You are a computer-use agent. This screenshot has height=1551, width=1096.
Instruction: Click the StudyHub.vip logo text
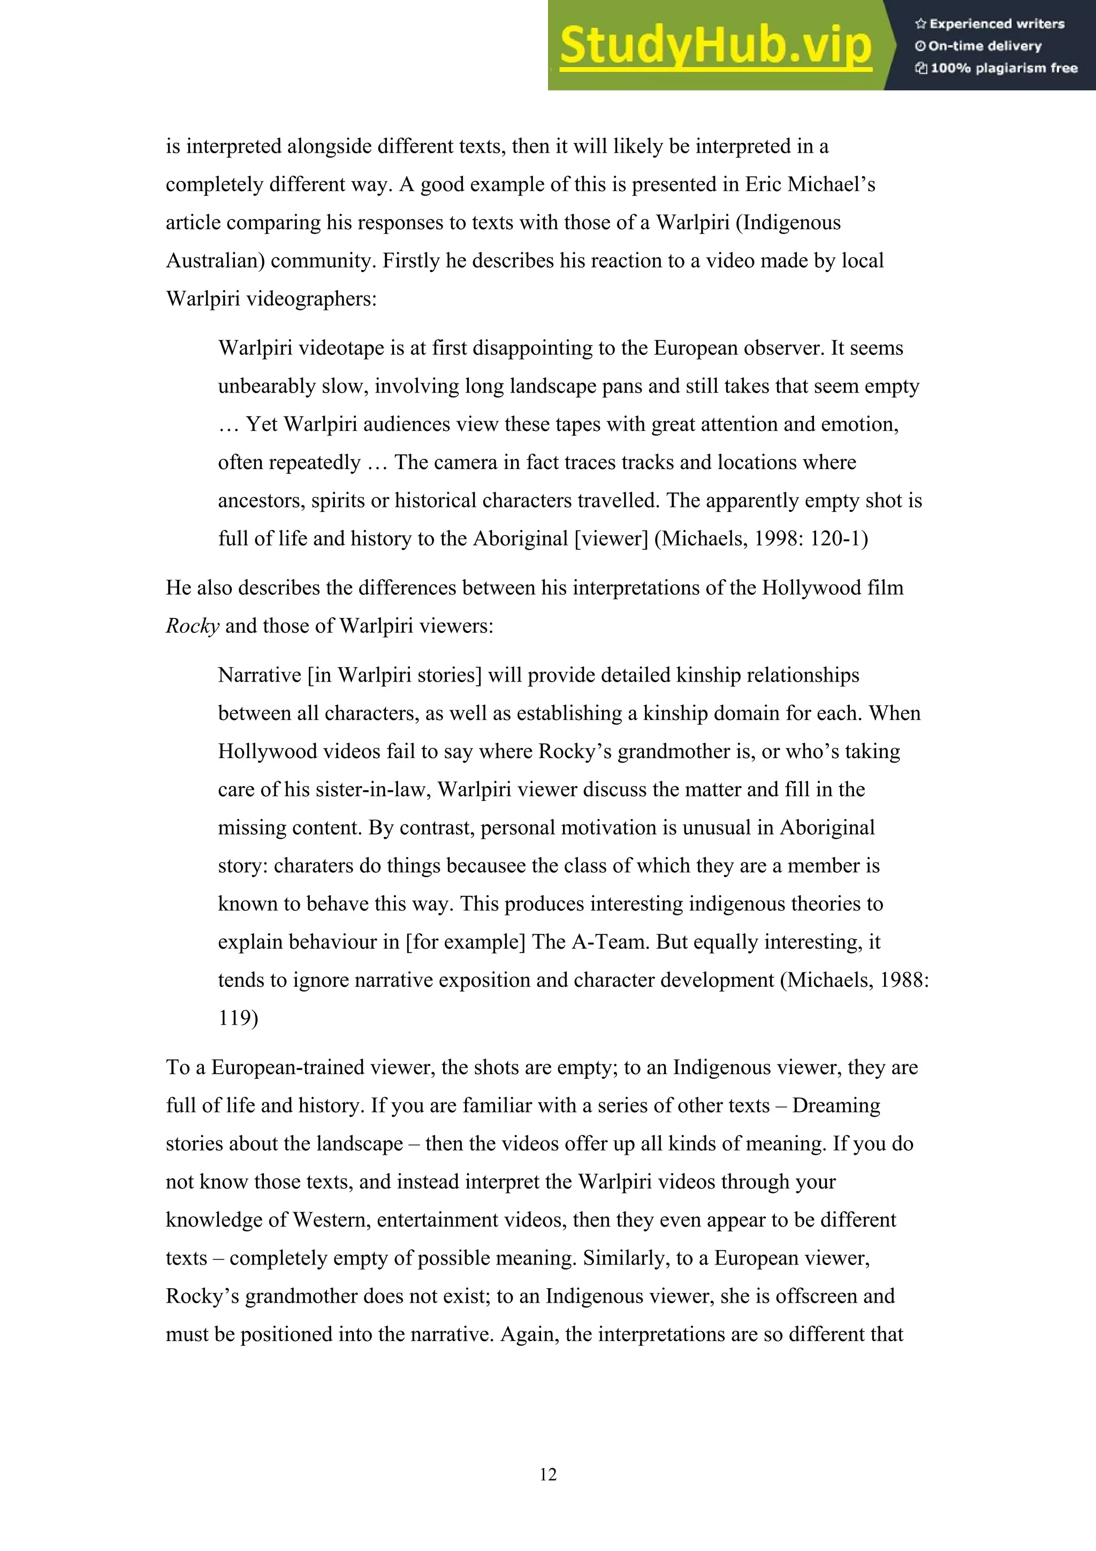click(715, 46)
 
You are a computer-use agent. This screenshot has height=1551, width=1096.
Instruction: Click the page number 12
click(547, 1474)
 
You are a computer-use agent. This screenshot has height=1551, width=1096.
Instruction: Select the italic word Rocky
click(193, 626)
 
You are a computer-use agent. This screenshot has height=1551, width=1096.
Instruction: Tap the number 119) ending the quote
click(238, 1018)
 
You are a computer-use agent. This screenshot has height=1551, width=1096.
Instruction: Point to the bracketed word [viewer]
click(611, 539)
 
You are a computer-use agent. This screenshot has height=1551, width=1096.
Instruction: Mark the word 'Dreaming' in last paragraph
click(836, 1105)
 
